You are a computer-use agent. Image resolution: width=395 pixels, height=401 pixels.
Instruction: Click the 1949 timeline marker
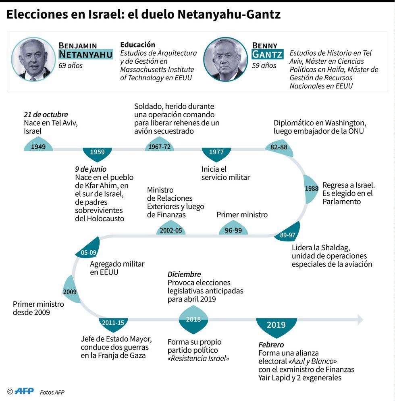38,146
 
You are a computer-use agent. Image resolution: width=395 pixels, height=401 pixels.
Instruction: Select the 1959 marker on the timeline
97,153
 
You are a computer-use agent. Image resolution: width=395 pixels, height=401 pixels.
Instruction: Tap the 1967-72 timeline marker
159,146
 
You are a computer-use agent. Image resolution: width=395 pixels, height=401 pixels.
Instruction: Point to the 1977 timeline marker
216,153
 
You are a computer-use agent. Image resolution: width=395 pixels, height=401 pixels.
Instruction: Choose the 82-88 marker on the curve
279,148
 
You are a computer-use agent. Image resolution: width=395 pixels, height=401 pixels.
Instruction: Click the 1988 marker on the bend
311,189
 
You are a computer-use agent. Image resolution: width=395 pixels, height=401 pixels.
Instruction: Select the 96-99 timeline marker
233,230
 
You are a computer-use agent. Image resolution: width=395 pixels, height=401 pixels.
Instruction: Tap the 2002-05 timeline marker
171,230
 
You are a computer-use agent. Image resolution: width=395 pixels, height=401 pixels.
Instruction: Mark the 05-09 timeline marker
88,252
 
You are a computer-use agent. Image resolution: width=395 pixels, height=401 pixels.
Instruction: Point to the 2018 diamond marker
193,320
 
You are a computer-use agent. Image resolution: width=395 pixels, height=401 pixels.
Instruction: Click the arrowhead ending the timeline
360,320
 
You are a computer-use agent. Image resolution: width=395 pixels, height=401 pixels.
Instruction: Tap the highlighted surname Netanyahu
85,54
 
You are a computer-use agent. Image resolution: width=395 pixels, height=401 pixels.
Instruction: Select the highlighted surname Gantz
267,54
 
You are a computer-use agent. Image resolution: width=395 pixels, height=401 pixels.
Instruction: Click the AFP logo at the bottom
24,391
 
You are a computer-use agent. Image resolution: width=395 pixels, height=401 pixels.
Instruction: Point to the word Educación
137,45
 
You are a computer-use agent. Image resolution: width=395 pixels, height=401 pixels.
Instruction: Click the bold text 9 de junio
91,169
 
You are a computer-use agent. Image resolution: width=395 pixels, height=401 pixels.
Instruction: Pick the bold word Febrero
271,345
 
